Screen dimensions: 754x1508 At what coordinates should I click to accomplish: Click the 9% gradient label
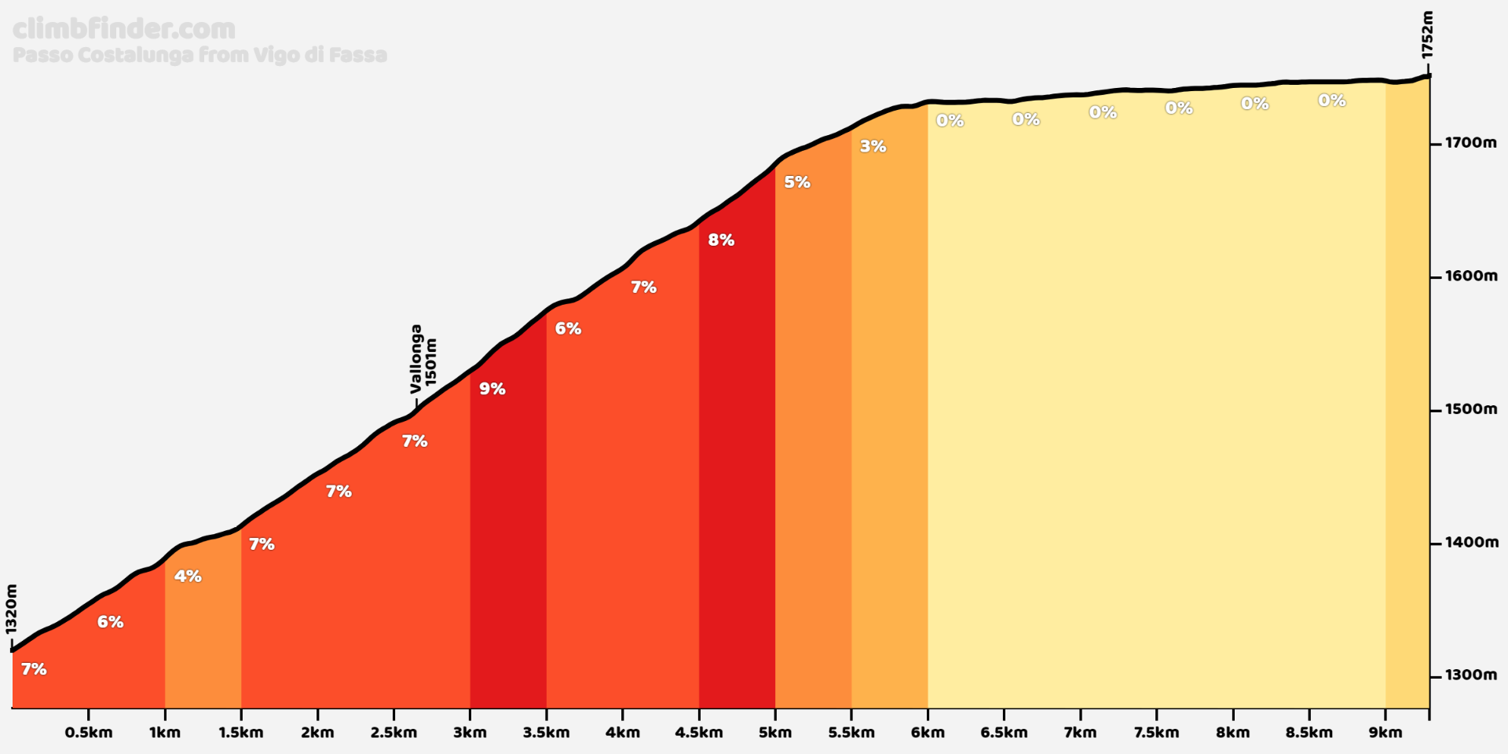tap(492, 389)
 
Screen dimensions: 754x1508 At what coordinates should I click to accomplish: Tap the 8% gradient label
tap(721, 240)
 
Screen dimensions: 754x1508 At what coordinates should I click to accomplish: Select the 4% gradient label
tap(188, 576)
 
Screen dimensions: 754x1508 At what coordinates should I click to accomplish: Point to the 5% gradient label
tap(797, 182)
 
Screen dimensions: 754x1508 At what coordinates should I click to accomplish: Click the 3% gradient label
tap(873, 146)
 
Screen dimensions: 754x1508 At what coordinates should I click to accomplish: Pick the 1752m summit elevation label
tap(1427, 35)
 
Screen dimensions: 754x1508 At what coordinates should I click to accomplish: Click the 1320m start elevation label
tap(11, 609)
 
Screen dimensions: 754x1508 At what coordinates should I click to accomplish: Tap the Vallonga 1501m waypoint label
tap(423, 360)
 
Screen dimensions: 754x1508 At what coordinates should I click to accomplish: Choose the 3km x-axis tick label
tap(470, 733)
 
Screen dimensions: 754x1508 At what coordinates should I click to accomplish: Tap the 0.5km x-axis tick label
tap(89, 733)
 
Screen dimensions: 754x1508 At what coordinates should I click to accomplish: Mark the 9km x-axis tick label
tap(1385, 733)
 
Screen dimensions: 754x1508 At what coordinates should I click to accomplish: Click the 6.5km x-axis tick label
tap(1004, 733)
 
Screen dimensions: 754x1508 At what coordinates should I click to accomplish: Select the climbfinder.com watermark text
tap(124, 29)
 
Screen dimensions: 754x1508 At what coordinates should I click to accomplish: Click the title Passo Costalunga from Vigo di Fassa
tap(199, 55)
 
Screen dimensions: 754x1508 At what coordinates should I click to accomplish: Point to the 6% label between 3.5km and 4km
tap(568, 329)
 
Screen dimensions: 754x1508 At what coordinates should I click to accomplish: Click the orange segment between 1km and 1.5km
tap(203, 644)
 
